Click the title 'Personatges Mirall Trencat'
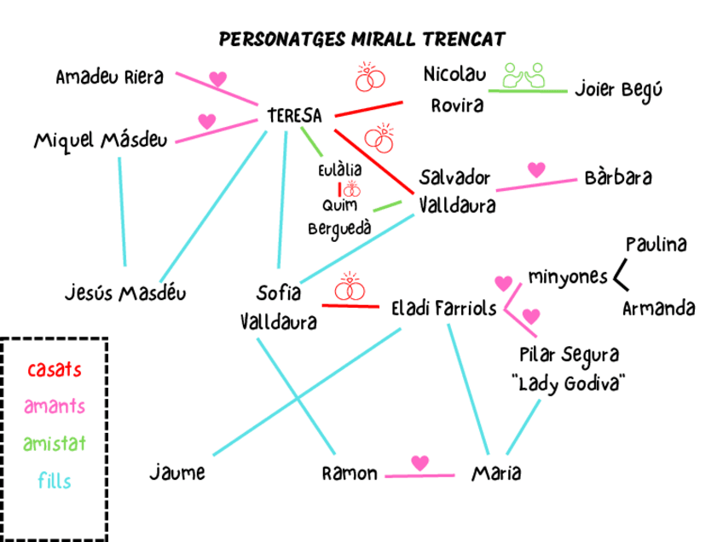click(361, 39)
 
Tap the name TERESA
click(294, 115)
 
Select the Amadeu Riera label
click(109, 78)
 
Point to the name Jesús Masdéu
click(125, 294)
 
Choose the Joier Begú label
click(618, 89)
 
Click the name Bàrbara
click(619, 178)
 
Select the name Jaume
click(177, 472)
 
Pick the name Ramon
click(350, 474)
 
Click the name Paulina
click(656, 245)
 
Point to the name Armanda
click(658, 308)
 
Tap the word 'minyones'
click(568, 277)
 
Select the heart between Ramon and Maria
click(419, 463)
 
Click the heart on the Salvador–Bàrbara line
click(536, 170)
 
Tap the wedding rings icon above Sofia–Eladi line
click(350, 287)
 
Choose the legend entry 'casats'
click(55, 371)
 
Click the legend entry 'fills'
click(55, 481)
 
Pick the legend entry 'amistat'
click(55, 443)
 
